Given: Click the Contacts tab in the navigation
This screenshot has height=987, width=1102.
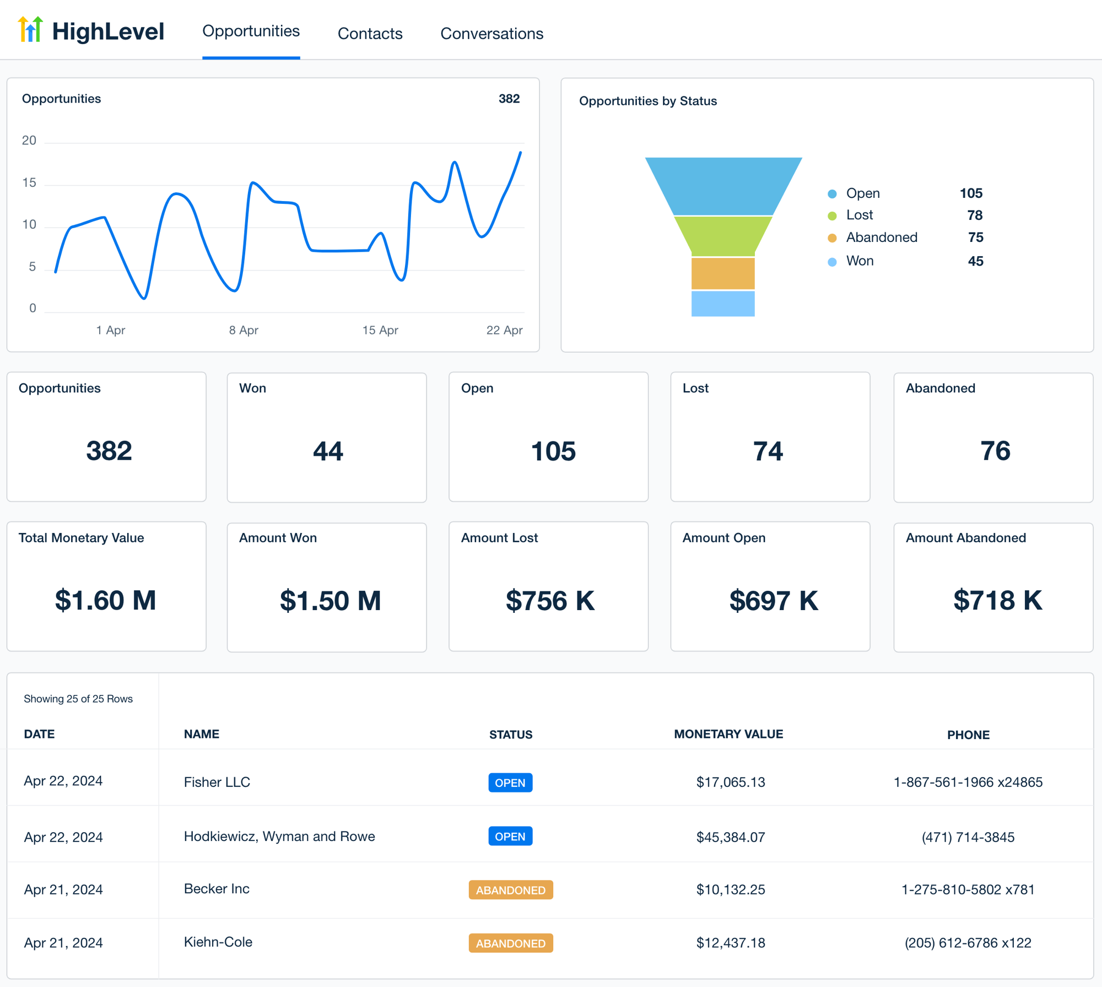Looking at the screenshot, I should click(370, 34).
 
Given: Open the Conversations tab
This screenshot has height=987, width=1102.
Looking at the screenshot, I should click(491, 34).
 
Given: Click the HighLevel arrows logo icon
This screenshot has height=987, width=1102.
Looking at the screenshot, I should click(30, 30).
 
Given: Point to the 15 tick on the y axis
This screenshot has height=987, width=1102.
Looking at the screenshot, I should click(29, 183).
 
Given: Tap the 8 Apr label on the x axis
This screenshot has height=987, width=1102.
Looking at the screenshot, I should click(244, 330).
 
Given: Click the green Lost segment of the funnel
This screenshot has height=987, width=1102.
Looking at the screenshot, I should click(723, 235).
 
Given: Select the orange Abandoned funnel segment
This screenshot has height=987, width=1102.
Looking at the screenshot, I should click(723, 273).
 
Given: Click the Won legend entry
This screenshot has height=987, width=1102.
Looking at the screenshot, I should click(859, 261).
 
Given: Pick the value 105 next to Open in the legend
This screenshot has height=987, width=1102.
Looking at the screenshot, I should click(970, 193).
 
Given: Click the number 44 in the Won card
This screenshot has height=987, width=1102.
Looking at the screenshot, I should click(328, 451).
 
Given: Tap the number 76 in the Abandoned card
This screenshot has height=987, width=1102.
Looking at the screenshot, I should click(995, 451).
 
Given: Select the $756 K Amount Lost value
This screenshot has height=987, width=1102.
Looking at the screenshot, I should click(550, 601).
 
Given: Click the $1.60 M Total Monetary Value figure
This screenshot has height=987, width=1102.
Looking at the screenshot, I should click(106, 600).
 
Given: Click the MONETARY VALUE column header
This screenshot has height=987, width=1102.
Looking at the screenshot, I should click(728, 734).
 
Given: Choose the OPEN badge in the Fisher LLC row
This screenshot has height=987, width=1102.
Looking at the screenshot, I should click(510, 783).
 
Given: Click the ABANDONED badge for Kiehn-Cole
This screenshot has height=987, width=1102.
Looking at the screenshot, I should click(510, 943).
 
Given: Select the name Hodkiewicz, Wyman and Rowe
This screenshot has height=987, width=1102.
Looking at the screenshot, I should click(279, 836).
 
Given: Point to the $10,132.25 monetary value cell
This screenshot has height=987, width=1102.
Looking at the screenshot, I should click(730, 889).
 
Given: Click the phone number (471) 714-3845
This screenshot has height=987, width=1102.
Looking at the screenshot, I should click(968, 837).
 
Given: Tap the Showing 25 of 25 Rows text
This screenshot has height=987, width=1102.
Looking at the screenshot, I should click(78, 699).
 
